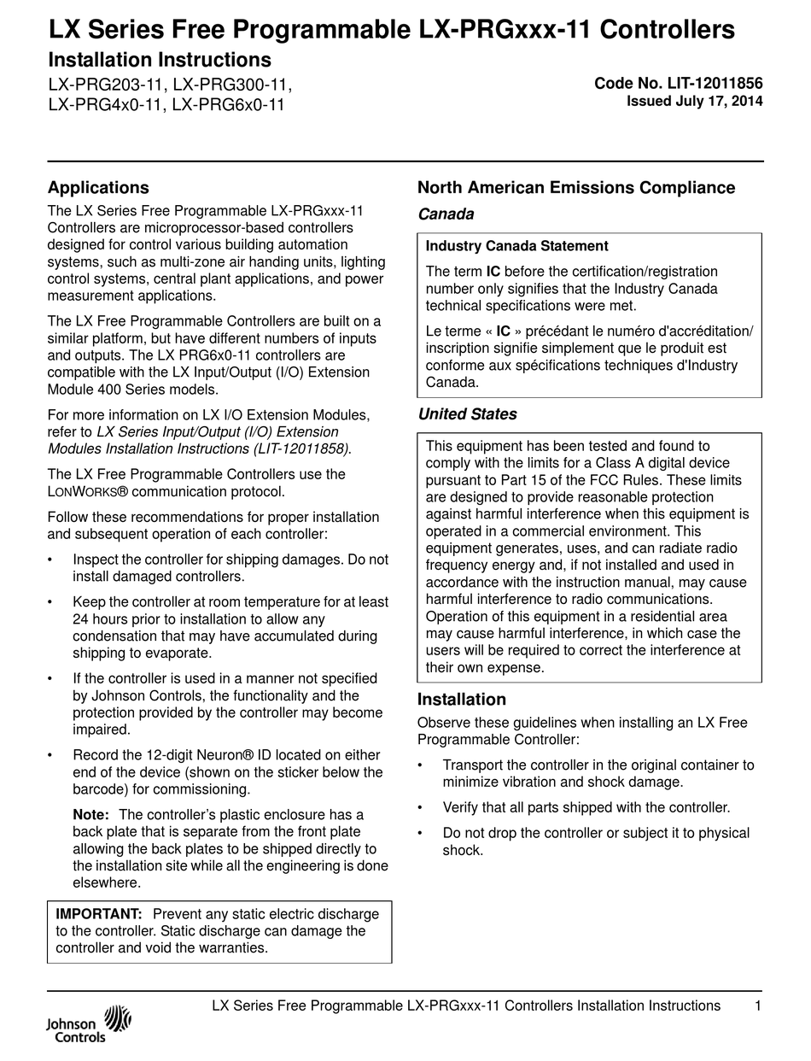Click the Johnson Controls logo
tap(89, 1024)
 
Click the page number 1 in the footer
tap(758, 1005)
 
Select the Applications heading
tap(98, 188)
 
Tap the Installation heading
tap(461, 699)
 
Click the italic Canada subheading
tap(445, 214)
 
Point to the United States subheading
tap(467, 414)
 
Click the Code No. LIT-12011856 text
tap(678, 84)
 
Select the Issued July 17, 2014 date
tap(695, 101)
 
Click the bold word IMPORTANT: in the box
tap(99, 914)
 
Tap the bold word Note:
tap(90, 815)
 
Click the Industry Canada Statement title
tap(516, 246)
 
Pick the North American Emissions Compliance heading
tap(575, 188)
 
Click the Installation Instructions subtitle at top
tap(160, 60)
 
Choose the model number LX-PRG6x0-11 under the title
tap(228, 105)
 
